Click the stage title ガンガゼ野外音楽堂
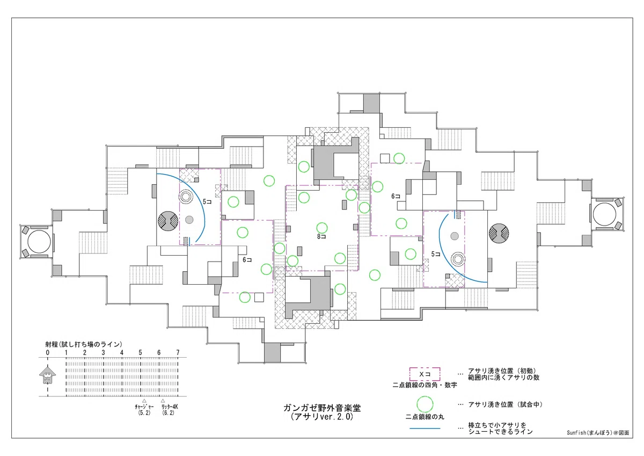pyautogui.click(x=322, y=408)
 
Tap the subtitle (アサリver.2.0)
pyautogui.click(x=322, y=417)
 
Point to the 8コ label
pyautogui.click(x=321, y=237)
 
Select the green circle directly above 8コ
pyautogui.click(x=322, y=228)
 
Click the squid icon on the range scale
pyautogui.click(x=48, y=375)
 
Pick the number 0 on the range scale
pyautogui.click(x=47, y=352)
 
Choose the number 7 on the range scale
pyautogui.click(x=178, y=352)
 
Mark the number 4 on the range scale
pyautogui.click(x=122, y=352)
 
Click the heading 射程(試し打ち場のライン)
pyautogui.click(x=84, y=344)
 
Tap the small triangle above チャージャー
pyautogui.click(x=144, y=401)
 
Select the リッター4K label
pyautogui.click(x=170, y=407)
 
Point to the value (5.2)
pyautogui.click(x=144, y=412)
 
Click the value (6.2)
pyautogui.click(x=168, y=412)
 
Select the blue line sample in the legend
pyautogui.click(x=425, y=429)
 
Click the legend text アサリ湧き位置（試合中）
pyautogui.click(x=506, y=404)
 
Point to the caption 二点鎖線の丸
pyautogui.click(x=425, y=417)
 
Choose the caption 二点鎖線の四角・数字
pyautogui.click(x=425, y=385)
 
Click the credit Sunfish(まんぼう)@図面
pyautogui.click(x=598, y=433)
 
